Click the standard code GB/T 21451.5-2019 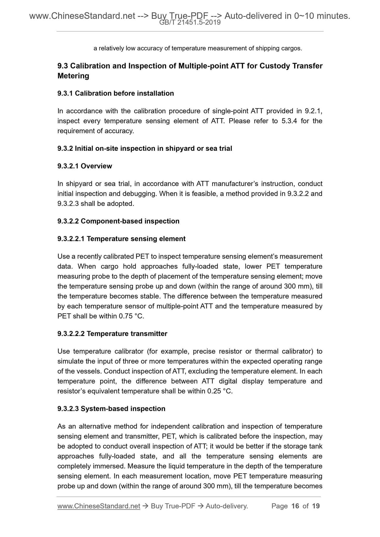190,23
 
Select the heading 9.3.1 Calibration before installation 115,93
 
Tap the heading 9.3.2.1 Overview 85,166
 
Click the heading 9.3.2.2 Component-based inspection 118,221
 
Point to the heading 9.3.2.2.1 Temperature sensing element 121,239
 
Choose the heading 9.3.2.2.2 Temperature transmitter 112,334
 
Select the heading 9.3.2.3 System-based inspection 111,409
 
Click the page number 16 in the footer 295,506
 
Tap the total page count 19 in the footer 316,506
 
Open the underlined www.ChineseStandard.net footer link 99,506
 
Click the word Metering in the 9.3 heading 73,76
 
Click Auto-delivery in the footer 227,506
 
